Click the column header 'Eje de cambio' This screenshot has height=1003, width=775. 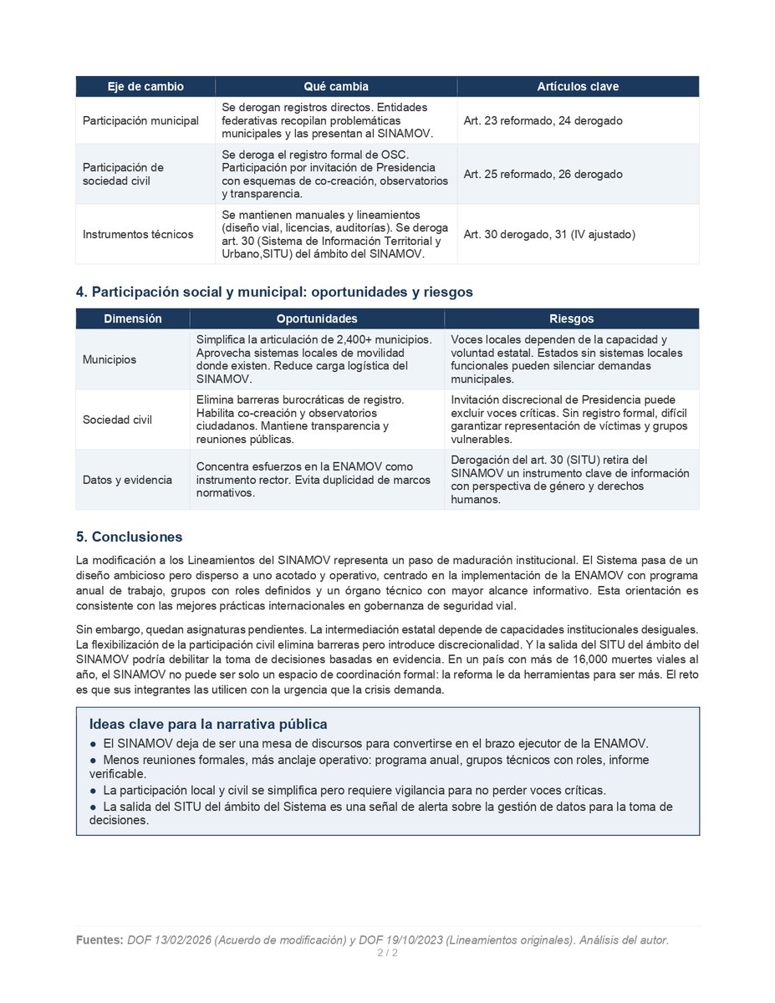click(x=145, y=87)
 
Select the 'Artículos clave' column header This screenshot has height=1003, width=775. click(x=578, y=87)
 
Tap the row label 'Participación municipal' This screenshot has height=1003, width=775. click(x=140, y=120)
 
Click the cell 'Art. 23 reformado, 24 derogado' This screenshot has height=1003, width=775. click(x=543, y=120)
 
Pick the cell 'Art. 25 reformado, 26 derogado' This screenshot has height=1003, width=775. click(x=543, y=174)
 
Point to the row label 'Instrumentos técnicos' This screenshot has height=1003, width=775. click(x=138, y=234)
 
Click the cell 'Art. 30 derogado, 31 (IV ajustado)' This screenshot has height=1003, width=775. click(x=549, y=234)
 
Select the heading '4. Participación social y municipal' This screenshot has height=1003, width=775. click(x=274, y=292)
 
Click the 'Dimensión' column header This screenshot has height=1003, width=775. click(x=133, y=318)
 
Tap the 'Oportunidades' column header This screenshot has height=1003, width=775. click(x=317, y=318)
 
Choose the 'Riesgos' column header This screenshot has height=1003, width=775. click(x=572, y=318)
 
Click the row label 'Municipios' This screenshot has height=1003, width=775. click(x=110, y=359)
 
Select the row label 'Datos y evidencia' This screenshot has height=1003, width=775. click(x=127, y=480)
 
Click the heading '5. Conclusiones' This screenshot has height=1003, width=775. click(x=129, y=537)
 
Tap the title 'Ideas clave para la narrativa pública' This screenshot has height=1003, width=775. click(x=208, y=724)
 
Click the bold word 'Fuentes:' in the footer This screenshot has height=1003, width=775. click(x=99, y=940)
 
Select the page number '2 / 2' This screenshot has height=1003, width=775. click(x=387, y=953)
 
